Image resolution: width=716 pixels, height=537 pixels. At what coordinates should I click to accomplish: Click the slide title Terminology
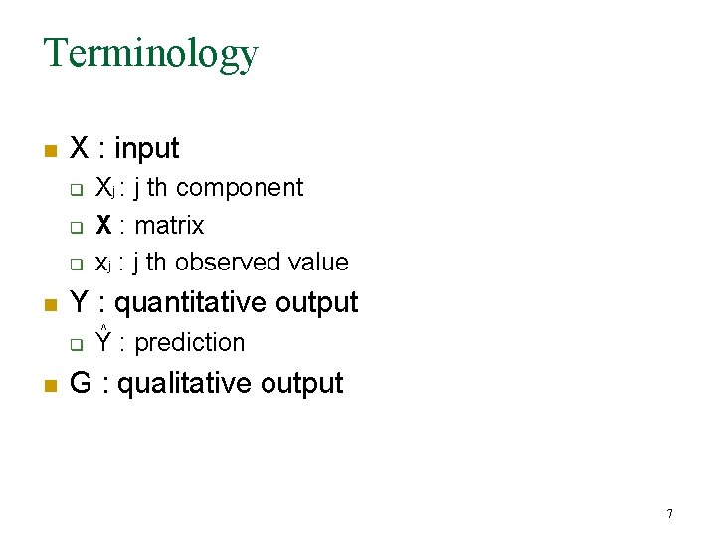point(150,52)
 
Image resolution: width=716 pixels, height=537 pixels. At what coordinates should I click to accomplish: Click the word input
point(147,149)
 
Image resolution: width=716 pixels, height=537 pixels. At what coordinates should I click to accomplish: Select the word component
point(240,188)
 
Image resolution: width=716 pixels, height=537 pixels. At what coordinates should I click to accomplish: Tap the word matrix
point(169,226)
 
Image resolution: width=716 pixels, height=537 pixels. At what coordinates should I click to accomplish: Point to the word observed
point(222,263)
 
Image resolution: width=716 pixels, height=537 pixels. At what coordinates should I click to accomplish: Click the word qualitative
point(189,384)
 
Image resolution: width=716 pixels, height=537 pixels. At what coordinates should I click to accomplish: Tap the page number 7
point(669,514)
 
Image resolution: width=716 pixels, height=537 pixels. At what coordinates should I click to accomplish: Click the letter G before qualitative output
point(81,384)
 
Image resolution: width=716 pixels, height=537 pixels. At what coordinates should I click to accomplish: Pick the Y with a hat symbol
point(103,341)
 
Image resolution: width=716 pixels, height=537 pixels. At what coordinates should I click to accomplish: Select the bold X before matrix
point(103,226)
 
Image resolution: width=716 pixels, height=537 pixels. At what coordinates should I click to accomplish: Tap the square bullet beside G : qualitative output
point(49,387)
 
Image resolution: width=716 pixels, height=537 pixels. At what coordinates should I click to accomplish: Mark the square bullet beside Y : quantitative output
point(49,305)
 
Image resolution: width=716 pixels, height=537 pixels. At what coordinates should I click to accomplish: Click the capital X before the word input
point(81,149)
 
